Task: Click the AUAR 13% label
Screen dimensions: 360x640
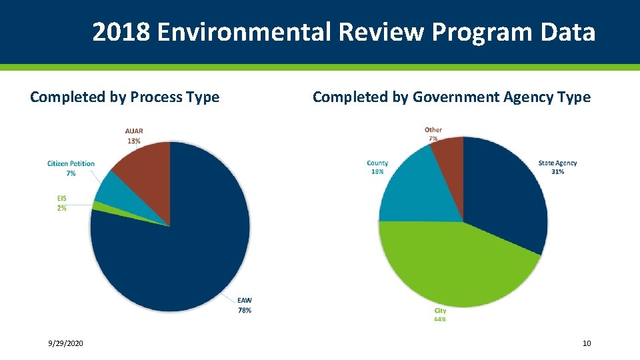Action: pos(134,135)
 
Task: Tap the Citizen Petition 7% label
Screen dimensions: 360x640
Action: pos(71,168)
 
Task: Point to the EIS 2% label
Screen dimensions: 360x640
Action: pos(61,203)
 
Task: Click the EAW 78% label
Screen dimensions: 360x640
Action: pos(245,305)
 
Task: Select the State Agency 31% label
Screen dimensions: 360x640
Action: pos(558,167)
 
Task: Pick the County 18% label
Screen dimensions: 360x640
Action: pos(377,167)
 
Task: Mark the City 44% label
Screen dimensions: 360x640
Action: pos(440,315)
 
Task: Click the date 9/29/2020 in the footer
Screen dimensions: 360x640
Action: pos(66,343)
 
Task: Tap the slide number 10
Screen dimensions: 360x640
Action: pos(587,343)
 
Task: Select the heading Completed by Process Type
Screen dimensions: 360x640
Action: pos(125,97)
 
